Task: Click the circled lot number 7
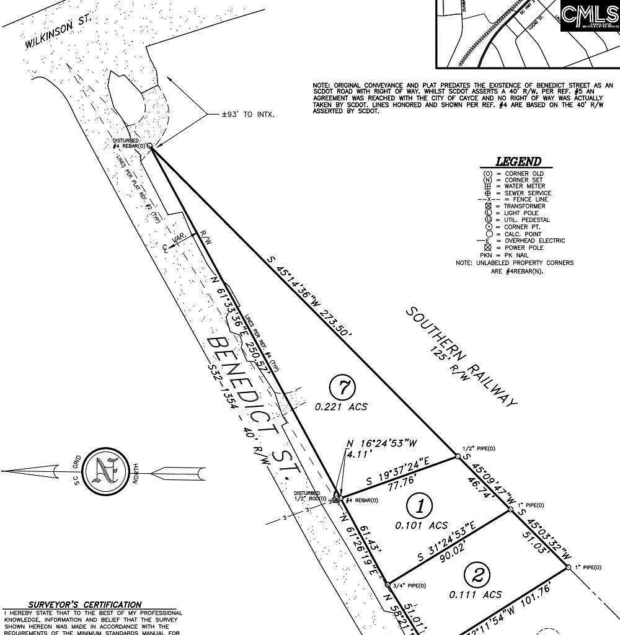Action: tap(342, 388)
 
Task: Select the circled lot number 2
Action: tap(477, 575)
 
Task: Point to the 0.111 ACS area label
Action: tap(475, 595)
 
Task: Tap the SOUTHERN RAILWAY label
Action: tap(462, 356)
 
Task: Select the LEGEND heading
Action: tap(518, 161)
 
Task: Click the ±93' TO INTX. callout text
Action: tap(248, 115)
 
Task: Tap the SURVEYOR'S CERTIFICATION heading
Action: tap(84, 605)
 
